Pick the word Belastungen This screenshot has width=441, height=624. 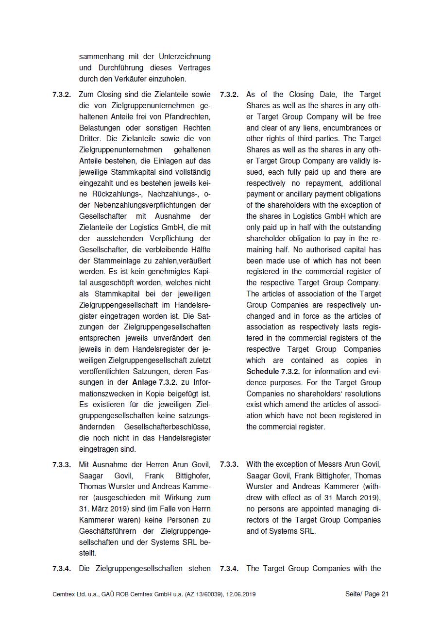click(x=100, y=128)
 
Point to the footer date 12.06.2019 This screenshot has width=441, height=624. click(x=240, y=594)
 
